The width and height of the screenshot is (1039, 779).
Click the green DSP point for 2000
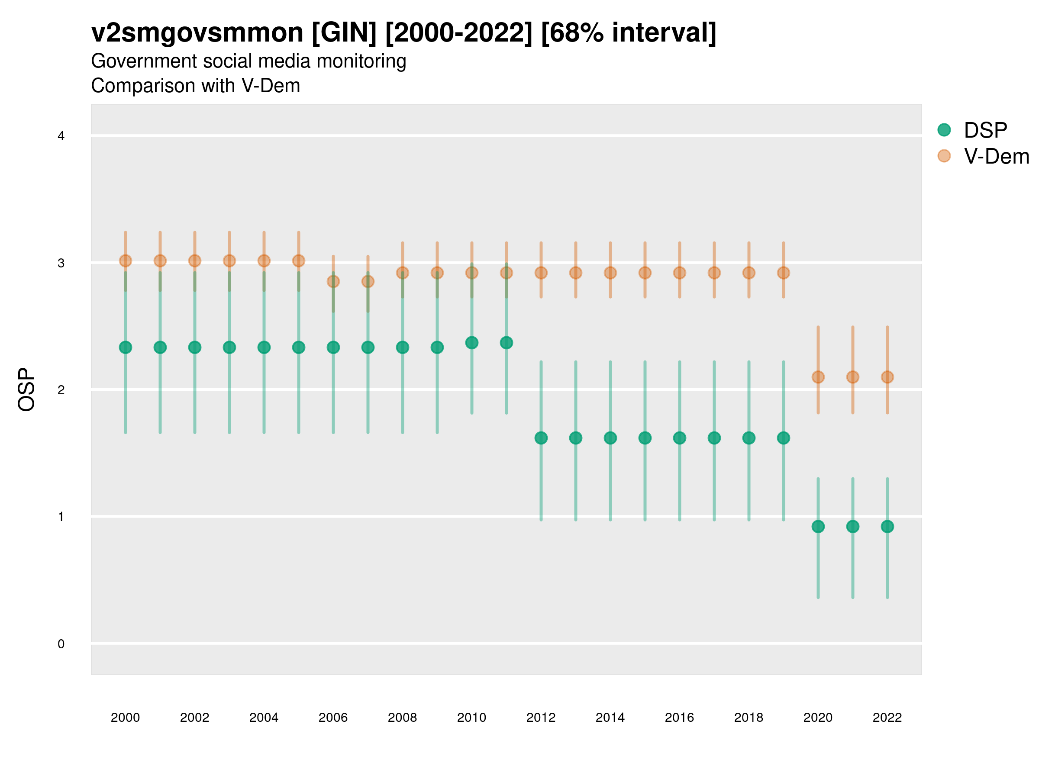(126, 348)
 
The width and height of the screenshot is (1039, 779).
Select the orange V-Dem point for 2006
(333, 281)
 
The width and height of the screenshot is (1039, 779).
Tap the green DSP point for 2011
(507, 343)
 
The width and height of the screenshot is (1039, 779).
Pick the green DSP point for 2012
(541, 438)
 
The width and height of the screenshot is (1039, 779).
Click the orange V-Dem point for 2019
(784, 273)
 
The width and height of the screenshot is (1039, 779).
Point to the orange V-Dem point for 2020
(818, 377)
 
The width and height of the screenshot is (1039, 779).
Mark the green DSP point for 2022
(887, 527)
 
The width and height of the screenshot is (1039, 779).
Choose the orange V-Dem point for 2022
(887, 377)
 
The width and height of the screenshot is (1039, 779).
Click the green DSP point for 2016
(680, 438)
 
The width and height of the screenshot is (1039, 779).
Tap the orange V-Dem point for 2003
(229, 261)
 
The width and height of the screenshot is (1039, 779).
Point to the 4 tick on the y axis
(61, 136)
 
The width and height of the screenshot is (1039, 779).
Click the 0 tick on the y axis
(61, 644)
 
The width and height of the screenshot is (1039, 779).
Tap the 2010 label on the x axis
(471, 718)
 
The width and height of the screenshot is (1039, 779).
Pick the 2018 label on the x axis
(749, 718)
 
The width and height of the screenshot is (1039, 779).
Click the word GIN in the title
(344, 33)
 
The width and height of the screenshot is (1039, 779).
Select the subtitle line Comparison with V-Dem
(195, 86)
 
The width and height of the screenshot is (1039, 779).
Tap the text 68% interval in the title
(629, 33)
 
